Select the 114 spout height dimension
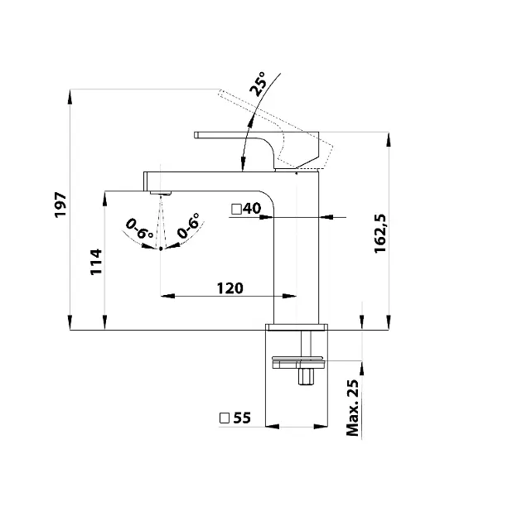(x=95, y=262)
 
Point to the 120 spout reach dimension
(x=230, y=288)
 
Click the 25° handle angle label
(x=259, y=85)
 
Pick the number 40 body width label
(x=252, y=209)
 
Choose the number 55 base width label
(x=241, y=418)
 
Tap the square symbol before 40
(x=236, y=209)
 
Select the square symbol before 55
(x=225, y=418)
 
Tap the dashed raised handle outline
(x=282, y=124)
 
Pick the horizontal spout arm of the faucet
(x=207, y=180)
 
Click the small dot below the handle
(x=296, y=175)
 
